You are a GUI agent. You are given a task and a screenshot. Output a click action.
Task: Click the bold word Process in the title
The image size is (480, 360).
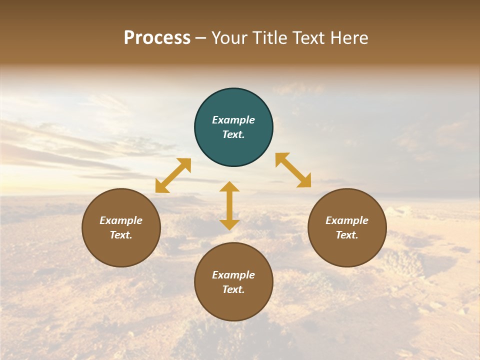tap(157, 38)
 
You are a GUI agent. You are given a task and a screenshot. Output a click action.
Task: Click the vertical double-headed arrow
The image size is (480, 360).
tap(229, 205)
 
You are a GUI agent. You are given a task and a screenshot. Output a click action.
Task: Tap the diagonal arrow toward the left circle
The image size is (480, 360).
tap(173, 175)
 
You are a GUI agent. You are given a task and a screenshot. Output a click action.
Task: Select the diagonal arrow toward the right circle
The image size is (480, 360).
tap(293, 170)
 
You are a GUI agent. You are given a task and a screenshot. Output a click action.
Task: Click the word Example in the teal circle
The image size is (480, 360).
tap(233, 120)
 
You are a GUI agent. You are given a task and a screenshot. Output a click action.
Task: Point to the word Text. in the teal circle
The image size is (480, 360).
tap(233, 134)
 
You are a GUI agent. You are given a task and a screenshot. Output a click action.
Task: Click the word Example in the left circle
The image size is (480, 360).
tap(121, 220)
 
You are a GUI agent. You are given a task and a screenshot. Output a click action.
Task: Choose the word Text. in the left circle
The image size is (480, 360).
tap(121, 235)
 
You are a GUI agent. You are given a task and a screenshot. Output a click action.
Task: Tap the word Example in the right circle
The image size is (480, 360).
tap(347, 220)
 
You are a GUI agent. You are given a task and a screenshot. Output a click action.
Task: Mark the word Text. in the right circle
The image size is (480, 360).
tap(347, 235)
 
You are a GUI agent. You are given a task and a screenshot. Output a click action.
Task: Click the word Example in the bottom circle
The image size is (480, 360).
tap(233, 275)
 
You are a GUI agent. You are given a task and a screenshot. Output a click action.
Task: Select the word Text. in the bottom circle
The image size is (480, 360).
tap(233, 289)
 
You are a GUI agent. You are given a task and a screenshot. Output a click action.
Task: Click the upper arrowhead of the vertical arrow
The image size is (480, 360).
tap(229, 187)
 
